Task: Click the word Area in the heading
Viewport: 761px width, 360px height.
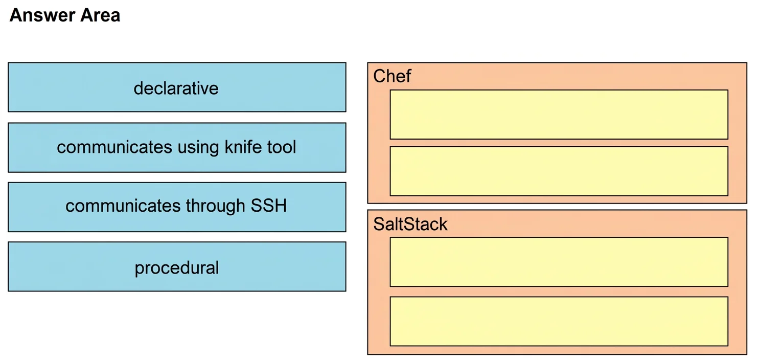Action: (100, 15)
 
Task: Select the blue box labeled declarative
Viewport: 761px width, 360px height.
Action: (177, 87)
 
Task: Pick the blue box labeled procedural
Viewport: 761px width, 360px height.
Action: (177, 266)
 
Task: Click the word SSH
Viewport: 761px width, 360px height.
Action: (269, 206)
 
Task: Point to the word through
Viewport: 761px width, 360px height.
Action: (215, 207)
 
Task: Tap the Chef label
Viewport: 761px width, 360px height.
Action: (392, 76)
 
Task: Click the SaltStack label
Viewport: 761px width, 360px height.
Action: (410, 224)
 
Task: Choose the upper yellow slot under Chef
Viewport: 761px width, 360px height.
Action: (559, 115)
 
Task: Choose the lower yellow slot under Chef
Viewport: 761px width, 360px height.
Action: (559, 171)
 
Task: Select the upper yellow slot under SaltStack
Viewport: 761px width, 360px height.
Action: (559, 262)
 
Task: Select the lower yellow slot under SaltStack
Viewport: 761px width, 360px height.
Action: (559, 321)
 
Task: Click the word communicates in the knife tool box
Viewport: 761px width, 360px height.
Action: (114, 147)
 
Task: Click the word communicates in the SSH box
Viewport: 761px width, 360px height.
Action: (123, 206)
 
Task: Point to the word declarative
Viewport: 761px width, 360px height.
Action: (176, 88)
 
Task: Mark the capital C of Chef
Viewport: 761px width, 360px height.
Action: (380, 76)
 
